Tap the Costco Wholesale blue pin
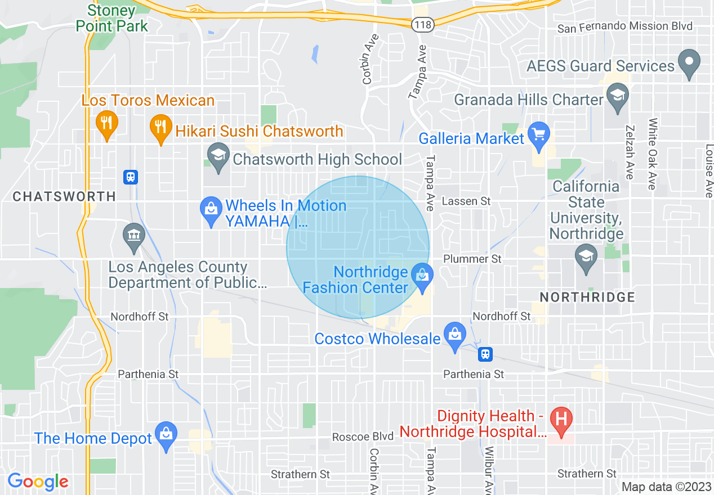(454, 336)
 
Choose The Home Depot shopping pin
(166, 435)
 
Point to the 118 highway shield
(421, 24)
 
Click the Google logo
(38, 481)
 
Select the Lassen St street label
(466, 201)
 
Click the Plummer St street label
(472, 259)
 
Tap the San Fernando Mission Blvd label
(624, 27)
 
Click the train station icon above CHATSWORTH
(131, 177)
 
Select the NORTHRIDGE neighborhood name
(587, 297)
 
